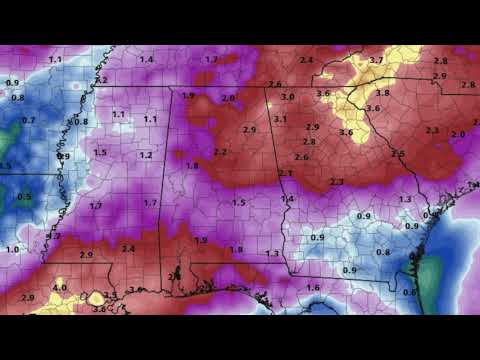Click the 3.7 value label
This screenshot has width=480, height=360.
376,61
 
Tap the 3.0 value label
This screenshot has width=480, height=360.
288,97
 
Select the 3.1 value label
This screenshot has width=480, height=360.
281,119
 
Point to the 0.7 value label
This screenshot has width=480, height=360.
28,120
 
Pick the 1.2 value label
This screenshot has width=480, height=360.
146,155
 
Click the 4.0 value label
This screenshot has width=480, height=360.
59,288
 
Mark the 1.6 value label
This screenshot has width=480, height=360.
313,288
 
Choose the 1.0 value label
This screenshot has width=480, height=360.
12,248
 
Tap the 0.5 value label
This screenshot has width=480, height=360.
24,197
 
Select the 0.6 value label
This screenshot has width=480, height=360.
408,292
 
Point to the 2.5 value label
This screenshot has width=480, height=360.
398,154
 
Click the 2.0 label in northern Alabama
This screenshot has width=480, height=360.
229,98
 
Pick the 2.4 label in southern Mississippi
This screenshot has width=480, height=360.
128,248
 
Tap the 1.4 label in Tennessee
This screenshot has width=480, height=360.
146,60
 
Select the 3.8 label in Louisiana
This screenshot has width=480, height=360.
99,309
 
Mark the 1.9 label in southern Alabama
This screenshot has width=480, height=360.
201,240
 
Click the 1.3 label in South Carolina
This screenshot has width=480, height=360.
405,199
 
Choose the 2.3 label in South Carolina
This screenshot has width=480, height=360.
432,130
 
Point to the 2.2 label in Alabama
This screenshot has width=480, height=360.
220,152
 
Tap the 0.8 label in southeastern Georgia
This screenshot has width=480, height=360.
382,252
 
